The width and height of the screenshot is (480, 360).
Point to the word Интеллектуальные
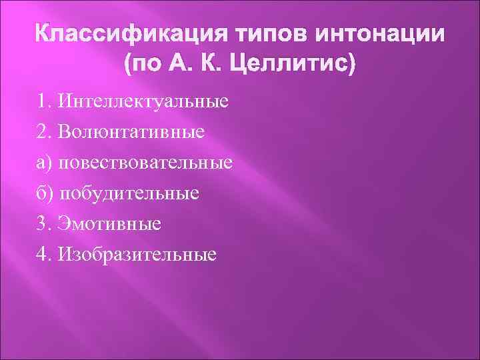click(x=143, y=102)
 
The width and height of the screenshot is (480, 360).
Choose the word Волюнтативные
click(x=131, y=132)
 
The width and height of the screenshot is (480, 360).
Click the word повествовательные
click(x=146, y=163)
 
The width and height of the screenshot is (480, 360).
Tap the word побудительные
click(x=129, y=193)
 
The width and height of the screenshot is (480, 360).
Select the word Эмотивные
click(x=109, y=223)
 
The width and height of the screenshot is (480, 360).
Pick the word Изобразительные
click(x=137, y=254)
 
